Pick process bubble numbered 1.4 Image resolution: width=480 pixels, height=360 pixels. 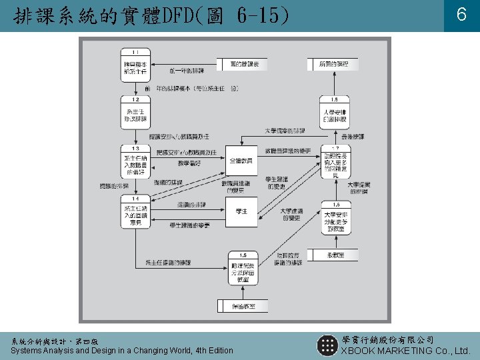pos(135,211)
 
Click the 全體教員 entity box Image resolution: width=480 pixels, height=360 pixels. pos(241,161)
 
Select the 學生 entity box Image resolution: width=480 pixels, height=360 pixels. pos(241,211)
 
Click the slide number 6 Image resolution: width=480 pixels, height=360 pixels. pos(461,15)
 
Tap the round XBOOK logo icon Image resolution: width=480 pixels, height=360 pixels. pos(327,345)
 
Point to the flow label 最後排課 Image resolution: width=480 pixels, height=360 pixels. pos(353,136)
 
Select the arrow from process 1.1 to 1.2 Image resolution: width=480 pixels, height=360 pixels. pos(135,87)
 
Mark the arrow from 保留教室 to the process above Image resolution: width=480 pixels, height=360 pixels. pos(243,293)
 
